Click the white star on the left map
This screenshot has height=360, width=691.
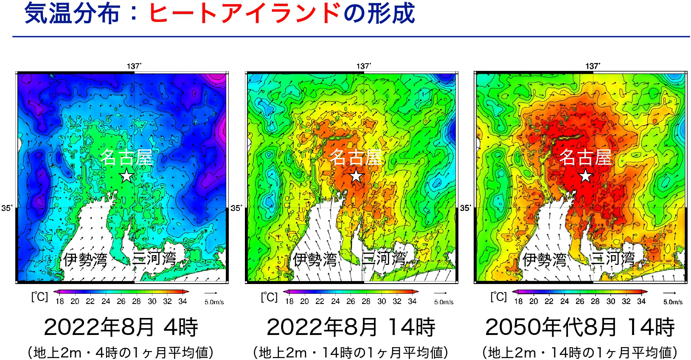pyautogui.click(x=126, y=176)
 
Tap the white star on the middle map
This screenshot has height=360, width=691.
pyautogui.click(x=356, y=176)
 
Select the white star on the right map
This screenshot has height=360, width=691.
pyautogui.click(x=586, y=176)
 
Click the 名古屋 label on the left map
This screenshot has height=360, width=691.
pyautogui.click(x=126, y=157)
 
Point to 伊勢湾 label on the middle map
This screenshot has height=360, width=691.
pyautogui.click(x=315, y=259)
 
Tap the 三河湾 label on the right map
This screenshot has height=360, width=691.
pyautogui.click(x=613, y=258)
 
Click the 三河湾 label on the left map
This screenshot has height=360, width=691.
pyautogui.click(x=154, y=258)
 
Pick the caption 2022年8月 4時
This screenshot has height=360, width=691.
pyautogui.click(x=121, y=327)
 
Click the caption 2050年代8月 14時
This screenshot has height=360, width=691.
pyautogui.click(x=580, y=327)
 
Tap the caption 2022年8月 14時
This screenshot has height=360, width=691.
pyautogui.click(x=351, y=327)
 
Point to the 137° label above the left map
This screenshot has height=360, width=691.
pyautogui.click(x=134, y=66)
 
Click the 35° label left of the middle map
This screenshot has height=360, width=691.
pyautogui.click(x=236, y=208)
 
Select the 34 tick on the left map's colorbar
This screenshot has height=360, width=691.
pyautogui.click(x=183, y=301)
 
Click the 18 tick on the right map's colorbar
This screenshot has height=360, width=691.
pyautogui.click(x=518, y=301)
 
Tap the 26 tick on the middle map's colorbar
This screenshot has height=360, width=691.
pyautogui.click(x=351, y=301)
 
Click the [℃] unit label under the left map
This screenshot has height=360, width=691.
pyautogui.click(x=39, y=297)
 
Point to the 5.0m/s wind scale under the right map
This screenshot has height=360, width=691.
pyautogui.click(x=673, y=302)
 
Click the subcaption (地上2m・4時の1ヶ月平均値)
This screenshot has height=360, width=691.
pyautogui.click(x=121, y=352)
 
